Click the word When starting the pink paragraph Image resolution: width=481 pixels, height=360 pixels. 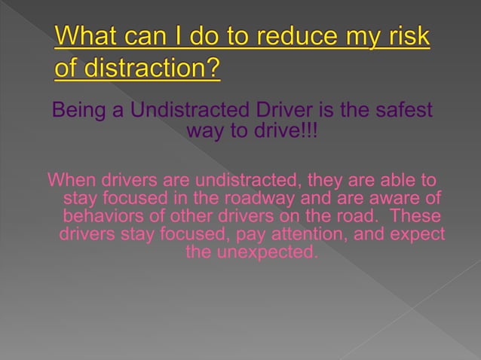71,181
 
